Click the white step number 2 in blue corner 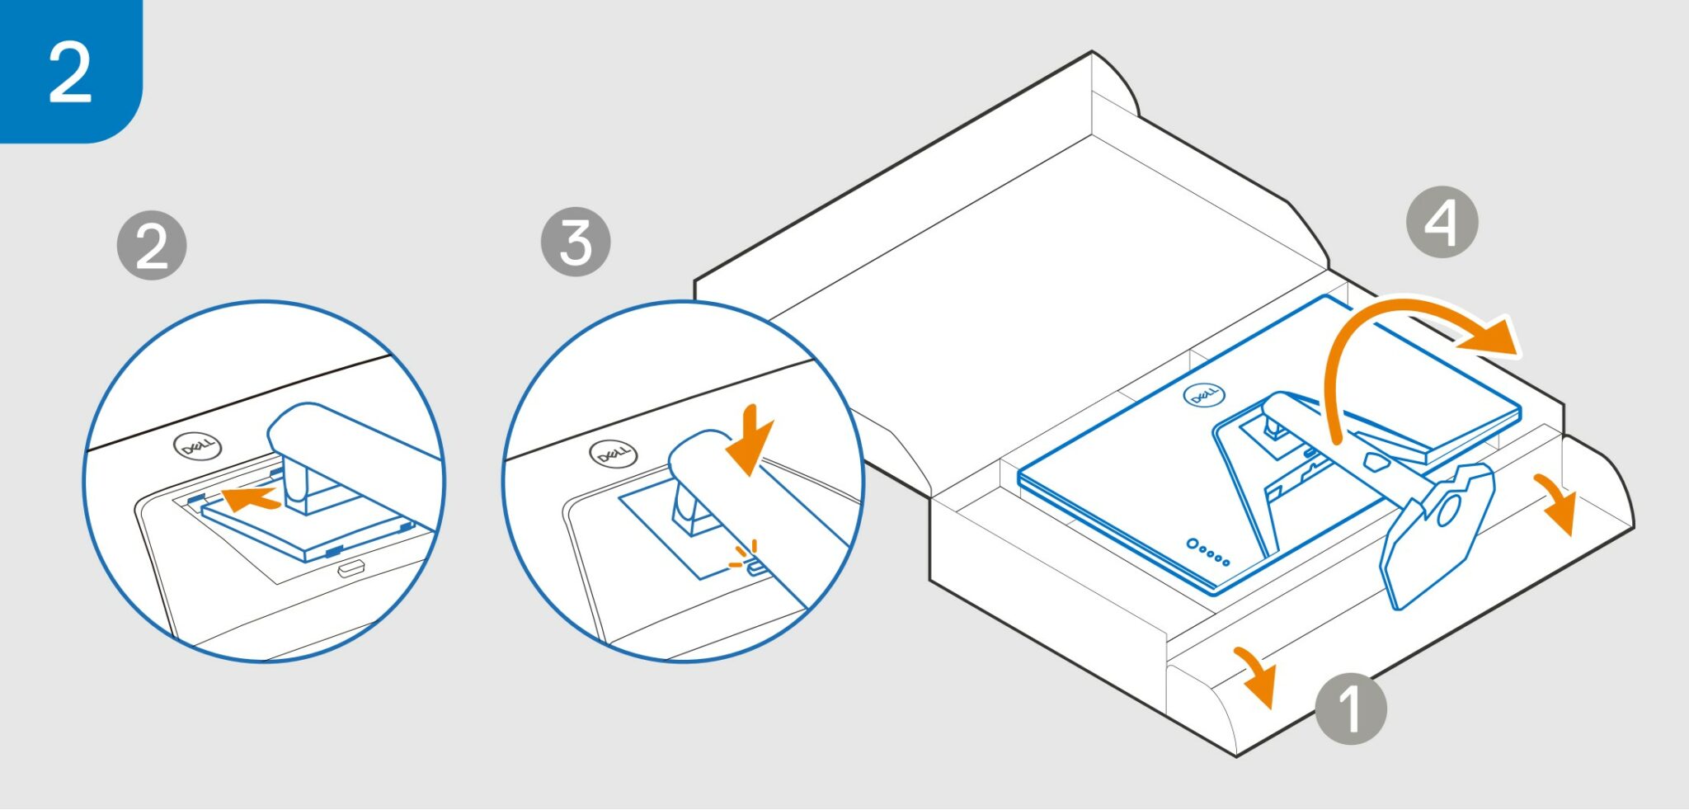(x=69, y=72)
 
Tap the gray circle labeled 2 (x=152, y=246)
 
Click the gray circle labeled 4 (x=1442, y=222)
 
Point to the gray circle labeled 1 (x=1350, y=708)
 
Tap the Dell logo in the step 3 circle (x=613, y=454)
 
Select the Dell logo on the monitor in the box (x=1204, y=396)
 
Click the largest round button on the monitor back (x=1193, y=544)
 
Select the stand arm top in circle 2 (x=313, y=429)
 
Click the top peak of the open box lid (x=1092, y=54)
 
